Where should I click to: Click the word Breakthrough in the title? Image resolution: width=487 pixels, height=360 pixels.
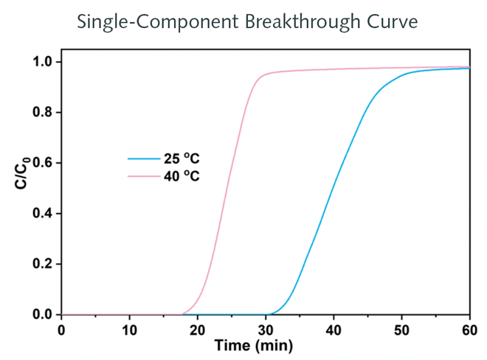304,21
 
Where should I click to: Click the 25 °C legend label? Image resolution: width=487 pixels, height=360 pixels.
182,158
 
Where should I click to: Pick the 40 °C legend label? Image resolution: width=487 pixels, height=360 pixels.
182,176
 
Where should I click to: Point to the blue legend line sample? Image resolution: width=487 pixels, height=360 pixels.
143,158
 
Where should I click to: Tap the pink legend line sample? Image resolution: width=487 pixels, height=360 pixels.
143,176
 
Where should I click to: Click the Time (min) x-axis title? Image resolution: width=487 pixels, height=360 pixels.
254,345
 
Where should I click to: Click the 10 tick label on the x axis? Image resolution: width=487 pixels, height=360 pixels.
130,328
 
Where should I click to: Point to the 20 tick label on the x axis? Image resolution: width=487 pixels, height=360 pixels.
198,328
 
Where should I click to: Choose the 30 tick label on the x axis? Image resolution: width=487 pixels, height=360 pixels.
266,328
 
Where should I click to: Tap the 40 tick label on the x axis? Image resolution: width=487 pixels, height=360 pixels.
334,328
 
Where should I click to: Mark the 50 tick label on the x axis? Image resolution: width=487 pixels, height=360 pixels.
402,328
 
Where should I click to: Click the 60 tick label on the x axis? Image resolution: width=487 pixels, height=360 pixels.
469,328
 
